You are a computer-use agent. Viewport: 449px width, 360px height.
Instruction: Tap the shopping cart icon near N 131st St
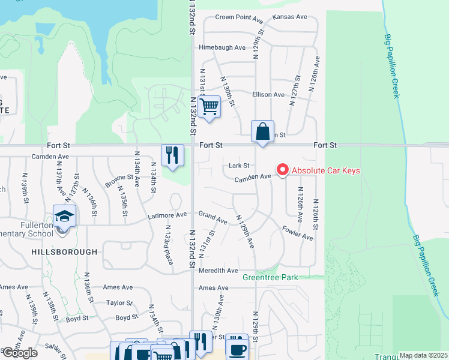coord(209,107)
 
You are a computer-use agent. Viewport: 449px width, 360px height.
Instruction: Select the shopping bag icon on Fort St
coord(262,131)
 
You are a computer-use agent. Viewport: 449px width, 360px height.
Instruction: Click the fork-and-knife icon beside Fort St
coord(172,155)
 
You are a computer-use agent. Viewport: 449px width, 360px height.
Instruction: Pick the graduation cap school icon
coord(64,216)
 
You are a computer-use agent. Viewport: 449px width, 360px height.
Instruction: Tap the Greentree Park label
coord(270,278)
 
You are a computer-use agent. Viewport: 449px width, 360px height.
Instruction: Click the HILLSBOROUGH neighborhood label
coord(64,253)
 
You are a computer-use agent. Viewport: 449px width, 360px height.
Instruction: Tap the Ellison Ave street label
coord(268,95)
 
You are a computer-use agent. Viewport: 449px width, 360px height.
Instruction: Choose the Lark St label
coord(239,166)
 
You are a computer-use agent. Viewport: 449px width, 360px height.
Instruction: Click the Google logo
coord(20,353)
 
